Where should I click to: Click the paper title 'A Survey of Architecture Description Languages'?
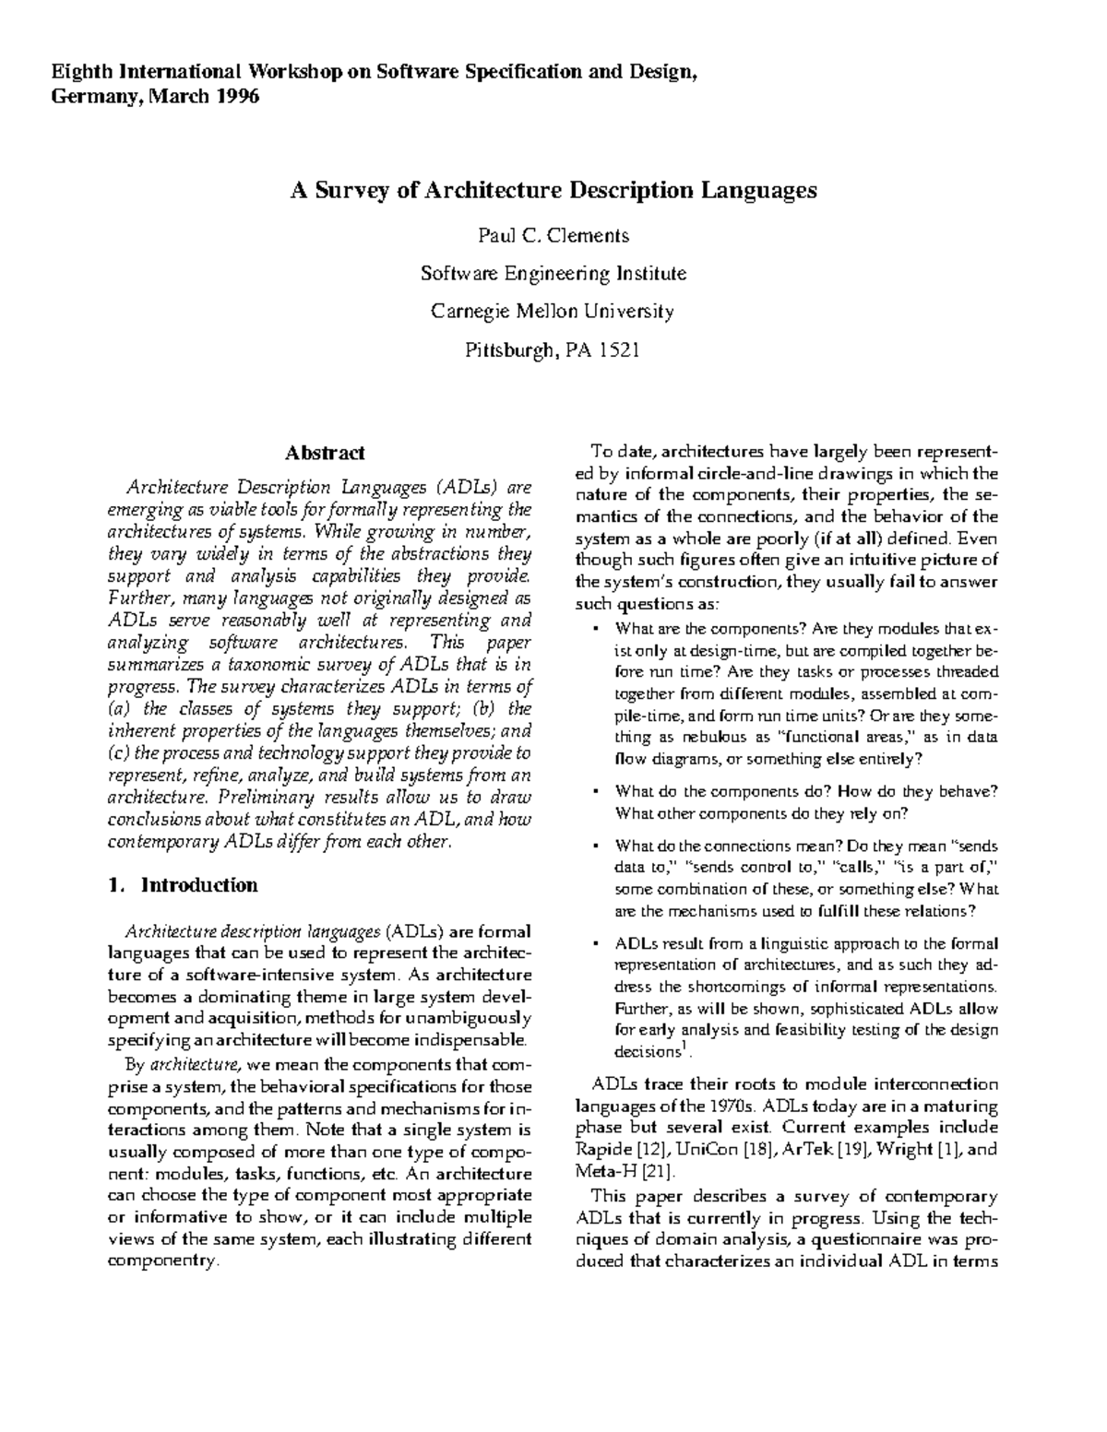pyautogui.click(x=553, y=191)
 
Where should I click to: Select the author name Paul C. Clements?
pyautogui.click(x=553, y=235)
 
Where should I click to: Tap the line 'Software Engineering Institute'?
pyautogui.click(x=553, y=273)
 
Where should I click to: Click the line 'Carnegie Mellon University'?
pyautogui.click(x=553, y=311)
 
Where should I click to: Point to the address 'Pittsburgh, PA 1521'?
pyautogui.click(x=553, y=349)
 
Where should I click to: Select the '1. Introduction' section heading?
pyautogui.click(x=183, y=885)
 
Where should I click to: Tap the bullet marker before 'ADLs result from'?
pyautogui.click(x=596, y=944)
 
